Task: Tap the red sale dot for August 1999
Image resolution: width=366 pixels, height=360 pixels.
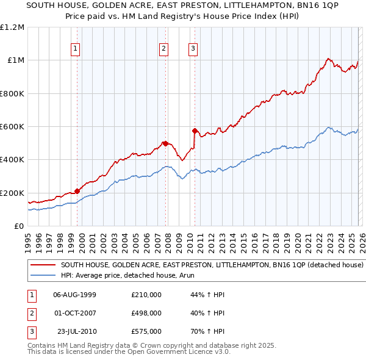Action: (x=77, y=191)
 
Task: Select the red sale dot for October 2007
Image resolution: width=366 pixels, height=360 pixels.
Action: (x=165, y=143)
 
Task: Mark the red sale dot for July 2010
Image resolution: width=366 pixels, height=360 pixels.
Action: (x=195, y=131)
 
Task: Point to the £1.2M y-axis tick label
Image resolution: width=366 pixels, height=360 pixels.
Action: (x=12, y=27)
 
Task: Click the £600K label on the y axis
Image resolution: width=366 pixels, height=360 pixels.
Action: (x=12, y=127)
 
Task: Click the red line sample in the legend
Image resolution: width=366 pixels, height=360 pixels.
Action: (x=43, y=265)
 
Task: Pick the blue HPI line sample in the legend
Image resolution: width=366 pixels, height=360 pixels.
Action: (x=43, y=275)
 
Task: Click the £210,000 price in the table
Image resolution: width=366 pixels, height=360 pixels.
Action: (x=146, y=295)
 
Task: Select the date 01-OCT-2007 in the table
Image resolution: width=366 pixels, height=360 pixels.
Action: (x=74, y=313)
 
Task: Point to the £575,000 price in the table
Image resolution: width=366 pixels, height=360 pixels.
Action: (x=146, y=331)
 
